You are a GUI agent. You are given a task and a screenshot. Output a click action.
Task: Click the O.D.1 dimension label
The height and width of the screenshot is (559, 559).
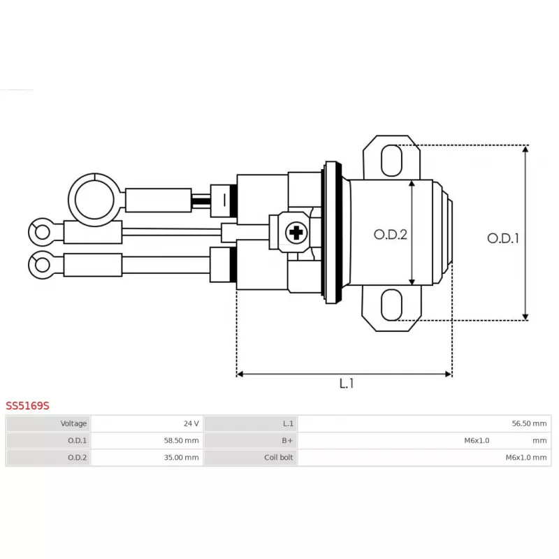tap(502, 238)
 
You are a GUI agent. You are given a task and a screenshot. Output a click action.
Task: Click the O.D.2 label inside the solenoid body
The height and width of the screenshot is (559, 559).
tap(390, 235)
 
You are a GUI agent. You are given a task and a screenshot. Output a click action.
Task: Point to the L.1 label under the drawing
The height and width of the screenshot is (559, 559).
tap(347, 384)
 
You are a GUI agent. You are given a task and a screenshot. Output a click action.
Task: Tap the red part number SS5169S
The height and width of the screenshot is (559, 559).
tap(27, 405)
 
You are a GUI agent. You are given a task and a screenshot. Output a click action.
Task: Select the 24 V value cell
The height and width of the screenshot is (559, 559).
tap(191, 423)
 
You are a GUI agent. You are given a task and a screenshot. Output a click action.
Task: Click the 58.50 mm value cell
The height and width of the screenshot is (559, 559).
tap(181, 440)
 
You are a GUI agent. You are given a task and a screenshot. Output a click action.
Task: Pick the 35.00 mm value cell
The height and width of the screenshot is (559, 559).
tap(181, 458)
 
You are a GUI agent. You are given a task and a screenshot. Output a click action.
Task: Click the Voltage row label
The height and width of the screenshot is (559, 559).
tap(73, 423)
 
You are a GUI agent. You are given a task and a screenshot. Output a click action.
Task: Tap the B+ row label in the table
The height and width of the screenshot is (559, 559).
tap(287, 440)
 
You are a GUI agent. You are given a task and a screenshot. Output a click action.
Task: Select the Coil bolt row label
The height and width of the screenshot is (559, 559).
tap(278, 458)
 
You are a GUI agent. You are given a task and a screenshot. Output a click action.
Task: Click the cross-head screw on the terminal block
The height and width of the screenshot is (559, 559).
tap(297, 232)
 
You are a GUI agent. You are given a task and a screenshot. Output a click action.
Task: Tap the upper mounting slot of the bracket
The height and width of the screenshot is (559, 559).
tap(392, 160)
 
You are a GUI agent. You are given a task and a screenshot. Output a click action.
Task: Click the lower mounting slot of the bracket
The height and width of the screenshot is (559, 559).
tap(392, 307)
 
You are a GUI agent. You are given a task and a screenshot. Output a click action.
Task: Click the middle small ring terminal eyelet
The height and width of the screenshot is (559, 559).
tap(41, 231)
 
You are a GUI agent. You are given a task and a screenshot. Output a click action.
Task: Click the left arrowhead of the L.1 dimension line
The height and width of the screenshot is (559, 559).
tap(240, 374)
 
